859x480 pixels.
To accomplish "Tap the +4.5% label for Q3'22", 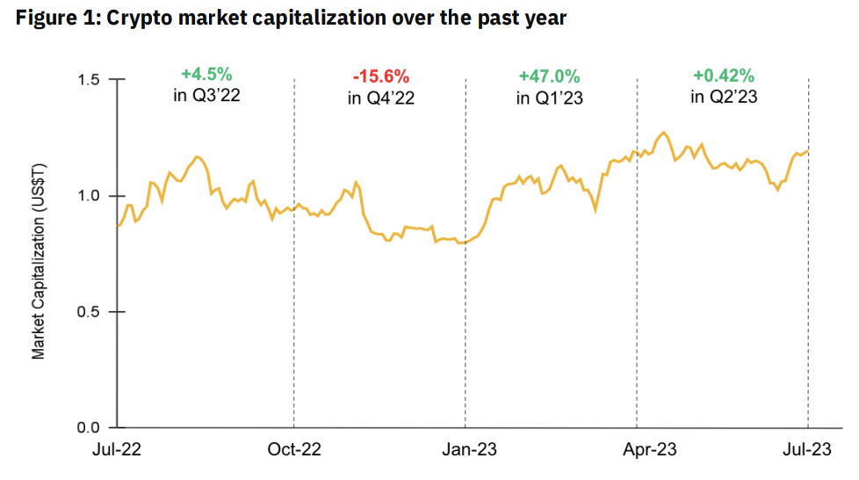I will tap(206, 75).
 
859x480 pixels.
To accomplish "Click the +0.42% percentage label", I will tap(723, 76).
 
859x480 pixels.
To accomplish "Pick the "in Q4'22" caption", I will tap(380, 98).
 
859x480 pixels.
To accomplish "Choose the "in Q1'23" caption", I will tap(550, 98).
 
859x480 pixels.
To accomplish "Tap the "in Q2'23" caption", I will tap(723, 97).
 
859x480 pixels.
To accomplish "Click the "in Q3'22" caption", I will tap(206, 96).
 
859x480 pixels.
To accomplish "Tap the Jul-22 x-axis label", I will tap(118, 450).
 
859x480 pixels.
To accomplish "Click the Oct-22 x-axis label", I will tap(293, 450).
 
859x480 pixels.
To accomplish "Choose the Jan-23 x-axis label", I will tap(466, 450).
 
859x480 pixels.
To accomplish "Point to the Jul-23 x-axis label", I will tap(807, 450).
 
